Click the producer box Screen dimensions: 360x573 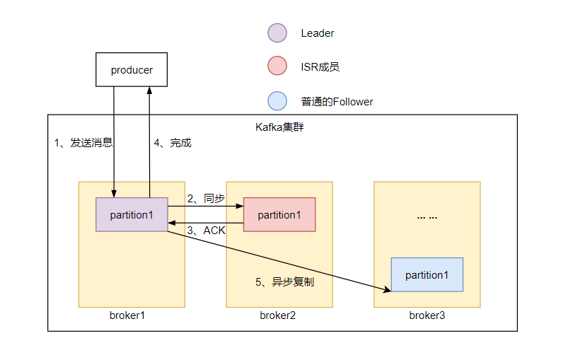tap(132, 69)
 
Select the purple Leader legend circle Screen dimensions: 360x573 tap(277, 33)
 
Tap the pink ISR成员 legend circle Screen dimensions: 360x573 tap(277, 67)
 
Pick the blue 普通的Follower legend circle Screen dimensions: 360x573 tap(277, 101)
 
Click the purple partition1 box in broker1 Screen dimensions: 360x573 tap(132, 214)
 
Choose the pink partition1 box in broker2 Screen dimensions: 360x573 tap(279, 214)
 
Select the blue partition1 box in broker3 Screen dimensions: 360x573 tap(427, 274)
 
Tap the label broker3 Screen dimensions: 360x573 tap(427, 315)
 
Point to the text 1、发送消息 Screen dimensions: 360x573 tap(83, 143)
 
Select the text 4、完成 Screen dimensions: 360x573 tap(173, 143)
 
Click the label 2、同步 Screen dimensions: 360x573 tap(205, 199)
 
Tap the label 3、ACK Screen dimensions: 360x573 tap(206, 231)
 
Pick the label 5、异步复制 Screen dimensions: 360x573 tap(284, 281)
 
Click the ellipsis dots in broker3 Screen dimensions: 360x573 tap(427, 217)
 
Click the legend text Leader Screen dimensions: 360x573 tap(318, 33)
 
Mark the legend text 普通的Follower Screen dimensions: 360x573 tap(337, 102)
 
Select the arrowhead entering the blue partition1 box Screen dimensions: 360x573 tap(388, 289)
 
